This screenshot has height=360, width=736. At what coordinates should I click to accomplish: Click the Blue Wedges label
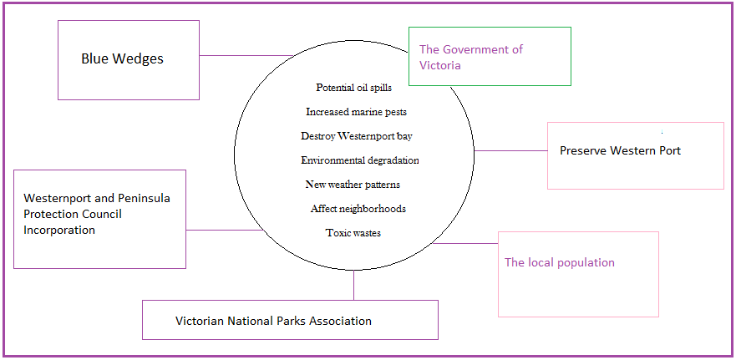(x=122, y=59)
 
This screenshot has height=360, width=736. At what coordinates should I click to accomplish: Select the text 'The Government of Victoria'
(x=470, y=57)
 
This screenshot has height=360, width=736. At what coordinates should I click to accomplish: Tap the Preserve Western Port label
(x=620, y=151)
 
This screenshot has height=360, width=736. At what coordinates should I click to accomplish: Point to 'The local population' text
(x=559, y=262)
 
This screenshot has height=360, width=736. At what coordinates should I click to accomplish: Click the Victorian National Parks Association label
(x=273, y=321)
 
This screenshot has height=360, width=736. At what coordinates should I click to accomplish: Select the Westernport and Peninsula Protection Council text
(x=96, y=214)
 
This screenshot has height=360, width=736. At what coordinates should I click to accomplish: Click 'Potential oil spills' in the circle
(x=353, y=87)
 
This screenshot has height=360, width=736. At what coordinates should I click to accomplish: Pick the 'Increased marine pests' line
(x=356, y=111)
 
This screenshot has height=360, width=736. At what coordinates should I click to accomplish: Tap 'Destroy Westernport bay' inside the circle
(x=356, y=135)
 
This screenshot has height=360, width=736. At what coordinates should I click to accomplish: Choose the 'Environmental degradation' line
(x=359, y=160)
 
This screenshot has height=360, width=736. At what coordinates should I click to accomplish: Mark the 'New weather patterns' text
(x=353, y=184)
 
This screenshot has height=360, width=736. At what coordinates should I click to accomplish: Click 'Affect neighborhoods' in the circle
(x=358, y=208)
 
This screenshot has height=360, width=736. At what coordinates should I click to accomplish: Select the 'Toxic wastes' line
(x=353, y=233)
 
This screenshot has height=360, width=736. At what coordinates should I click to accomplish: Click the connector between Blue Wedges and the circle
(x=246, y=56)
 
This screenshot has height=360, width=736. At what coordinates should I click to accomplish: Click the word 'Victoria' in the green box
(x=439, y=65)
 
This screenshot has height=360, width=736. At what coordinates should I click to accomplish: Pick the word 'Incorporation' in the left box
(x=59, y=230)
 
